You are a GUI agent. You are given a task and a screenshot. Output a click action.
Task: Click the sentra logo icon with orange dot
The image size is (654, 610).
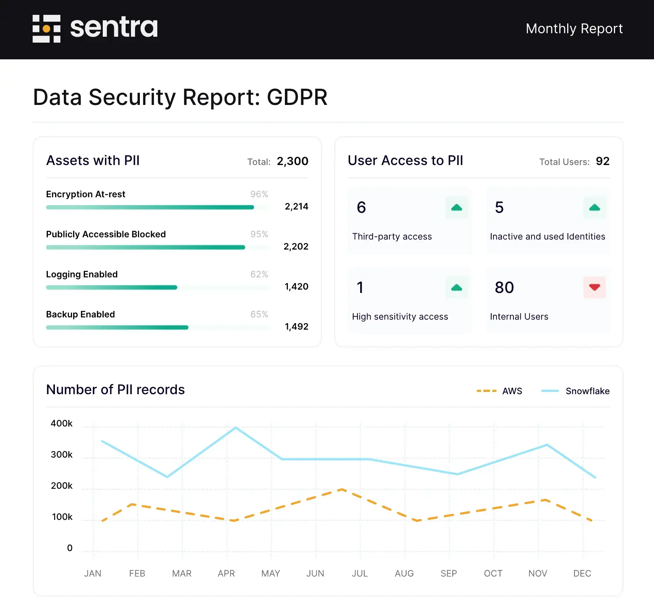click(x=46, y=29)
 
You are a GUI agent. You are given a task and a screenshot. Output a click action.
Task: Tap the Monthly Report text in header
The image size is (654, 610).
click(x=574, y=29)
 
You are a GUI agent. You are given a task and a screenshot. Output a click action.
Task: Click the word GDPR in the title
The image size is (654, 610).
click(x=297, y=97)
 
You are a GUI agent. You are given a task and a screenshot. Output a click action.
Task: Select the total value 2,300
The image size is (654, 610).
click(x=292, y=161)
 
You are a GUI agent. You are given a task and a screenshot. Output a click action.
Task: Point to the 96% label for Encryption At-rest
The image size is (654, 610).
click(x=259, y=194)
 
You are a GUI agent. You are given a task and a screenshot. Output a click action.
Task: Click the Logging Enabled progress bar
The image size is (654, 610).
click(x=111, y=287)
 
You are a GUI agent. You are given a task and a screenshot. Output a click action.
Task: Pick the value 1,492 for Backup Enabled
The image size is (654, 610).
click(x=296, y=327)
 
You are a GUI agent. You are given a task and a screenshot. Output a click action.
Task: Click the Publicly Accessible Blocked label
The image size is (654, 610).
click(x=106, y=234)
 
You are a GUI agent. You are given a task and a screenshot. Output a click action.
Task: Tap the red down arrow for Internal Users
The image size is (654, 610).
click(x=594, y=287)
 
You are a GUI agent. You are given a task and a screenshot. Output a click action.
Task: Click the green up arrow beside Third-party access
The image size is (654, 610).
click(x=456, y=208)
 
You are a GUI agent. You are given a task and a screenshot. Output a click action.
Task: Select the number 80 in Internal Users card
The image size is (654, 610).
click(x=504, y=288)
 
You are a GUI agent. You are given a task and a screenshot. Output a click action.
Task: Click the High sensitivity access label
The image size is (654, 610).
click(x=400, y=317)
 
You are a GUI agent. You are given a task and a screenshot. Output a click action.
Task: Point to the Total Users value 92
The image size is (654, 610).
click(x=602, y=161)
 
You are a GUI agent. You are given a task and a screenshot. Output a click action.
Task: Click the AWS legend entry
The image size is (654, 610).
click(x=499, y=391)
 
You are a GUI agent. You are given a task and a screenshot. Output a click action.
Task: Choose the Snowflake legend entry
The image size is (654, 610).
click(x=575, y=391)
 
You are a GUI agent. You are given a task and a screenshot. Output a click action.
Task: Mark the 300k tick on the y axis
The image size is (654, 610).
click(x=62, y=455)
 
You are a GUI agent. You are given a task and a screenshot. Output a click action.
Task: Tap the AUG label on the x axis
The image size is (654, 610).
click(x=404, y=574)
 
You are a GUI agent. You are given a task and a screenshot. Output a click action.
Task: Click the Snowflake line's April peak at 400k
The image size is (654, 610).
click(x=236, y=428)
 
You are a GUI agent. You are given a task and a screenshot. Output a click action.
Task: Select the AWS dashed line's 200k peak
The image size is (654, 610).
click(x=342, y=489)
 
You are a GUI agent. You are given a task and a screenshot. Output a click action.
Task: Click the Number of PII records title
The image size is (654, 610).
click(x=115, y=390)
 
